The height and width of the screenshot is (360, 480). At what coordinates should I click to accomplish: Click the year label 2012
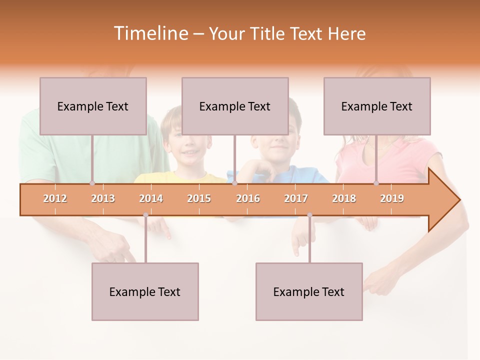pyautogui.click(x=55, y=198)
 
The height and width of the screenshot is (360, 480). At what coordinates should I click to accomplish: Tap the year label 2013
pyautogui.click(x=103, y=198)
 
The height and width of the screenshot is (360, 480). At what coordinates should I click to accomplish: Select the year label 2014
pyautogui.click(x=151, y=198)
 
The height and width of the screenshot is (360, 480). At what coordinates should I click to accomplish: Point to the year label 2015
pyautogui.click(x=199, y=198)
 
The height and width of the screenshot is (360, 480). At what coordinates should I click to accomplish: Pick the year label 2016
pyautogui.click(x=248, y=198)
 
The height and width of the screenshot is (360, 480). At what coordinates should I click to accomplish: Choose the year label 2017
pyautogui.click(x=296, y=198)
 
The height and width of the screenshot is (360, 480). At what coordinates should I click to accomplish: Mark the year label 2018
pyautogui.click(x=344, y=198)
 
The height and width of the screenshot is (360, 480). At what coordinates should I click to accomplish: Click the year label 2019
pyautogui.click(x=392, y=198)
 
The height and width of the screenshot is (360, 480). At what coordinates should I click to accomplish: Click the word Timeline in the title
pyautogui.click(x=150, y=33)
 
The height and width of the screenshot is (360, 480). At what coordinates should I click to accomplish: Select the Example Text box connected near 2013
pyautogui.click(x=93, y=106)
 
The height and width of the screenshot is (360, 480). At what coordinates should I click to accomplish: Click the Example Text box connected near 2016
pyautogui.click(x=235, y=106)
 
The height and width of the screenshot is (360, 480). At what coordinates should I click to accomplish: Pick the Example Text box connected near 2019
pyautogui.click(x=377, y=106)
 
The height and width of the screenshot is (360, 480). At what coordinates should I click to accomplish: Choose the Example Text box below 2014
pyautogui.click(x=145, y=291)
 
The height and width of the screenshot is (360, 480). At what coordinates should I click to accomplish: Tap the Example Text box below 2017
pyautogui.click(x=309, y=291)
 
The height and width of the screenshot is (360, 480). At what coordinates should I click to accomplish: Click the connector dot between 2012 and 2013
pyautogui.click(x=92, y=183)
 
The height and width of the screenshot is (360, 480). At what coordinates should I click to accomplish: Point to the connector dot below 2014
pyautogui.click(x=145, y=215)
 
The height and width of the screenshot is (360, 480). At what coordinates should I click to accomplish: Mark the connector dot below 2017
pyautogui.click(x=309, y=215)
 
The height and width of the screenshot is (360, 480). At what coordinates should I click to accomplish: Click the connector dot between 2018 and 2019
pyautogui.click(x=376, y=183)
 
